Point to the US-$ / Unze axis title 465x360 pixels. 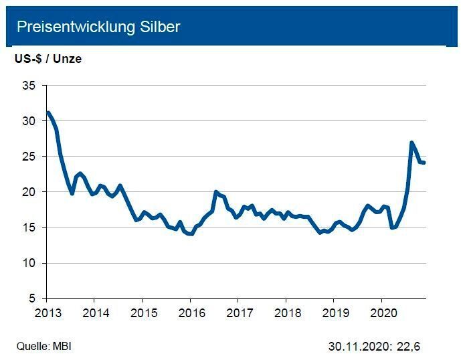pos(48,59)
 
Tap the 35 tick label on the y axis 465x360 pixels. pos(29,86)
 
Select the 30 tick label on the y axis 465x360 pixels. pos(29,121)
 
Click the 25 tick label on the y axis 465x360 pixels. pos(29,157)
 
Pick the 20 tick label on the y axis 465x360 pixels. pos(29,192)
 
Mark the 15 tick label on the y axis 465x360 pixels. pos(29,228)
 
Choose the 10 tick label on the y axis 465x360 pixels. pos(29,263)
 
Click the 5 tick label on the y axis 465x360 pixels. pos(32,298)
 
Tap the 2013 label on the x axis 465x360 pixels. pos(46,312)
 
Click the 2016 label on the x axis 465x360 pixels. pos(190,312)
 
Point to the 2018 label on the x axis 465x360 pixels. pos(286,312)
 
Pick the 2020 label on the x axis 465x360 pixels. pos(381,312)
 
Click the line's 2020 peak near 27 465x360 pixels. pos(411,142)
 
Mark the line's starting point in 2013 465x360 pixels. pos(48,112)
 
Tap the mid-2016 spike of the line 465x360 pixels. pos(215,192)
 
